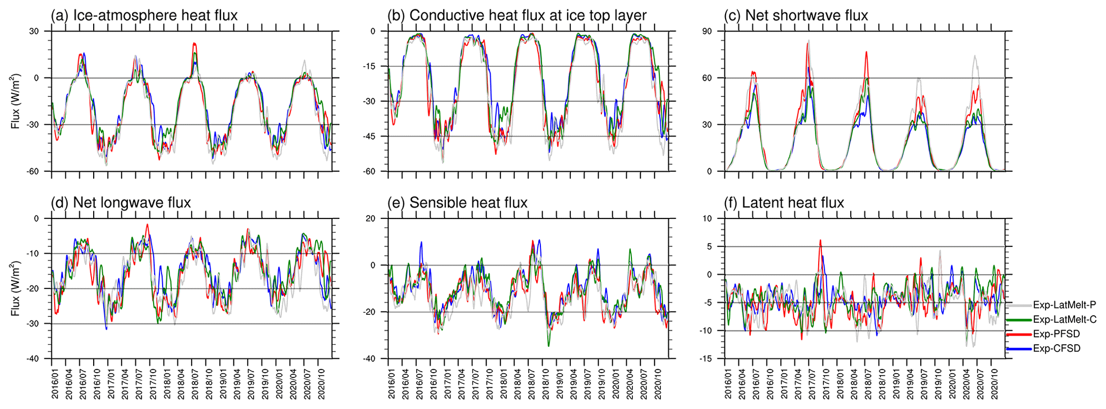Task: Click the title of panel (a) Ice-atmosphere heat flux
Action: point(144,16)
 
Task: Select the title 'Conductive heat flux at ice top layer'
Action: point(517,16)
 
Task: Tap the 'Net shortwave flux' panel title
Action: point(796,16)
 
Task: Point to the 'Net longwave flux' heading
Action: point(121,203)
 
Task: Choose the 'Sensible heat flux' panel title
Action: point(457,203)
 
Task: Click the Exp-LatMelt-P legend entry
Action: point(1064,305)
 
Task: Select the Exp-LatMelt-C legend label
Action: point(1064,320)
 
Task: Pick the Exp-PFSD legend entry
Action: point(1056,334)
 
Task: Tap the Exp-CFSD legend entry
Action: point(1056,349)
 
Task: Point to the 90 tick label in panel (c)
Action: point(707,32)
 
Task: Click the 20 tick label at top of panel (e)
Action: point(370,218)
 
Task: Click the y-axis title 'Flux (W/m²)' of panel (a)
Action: point(16,101)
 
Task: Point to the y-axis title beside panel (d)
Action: point(16,289)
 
